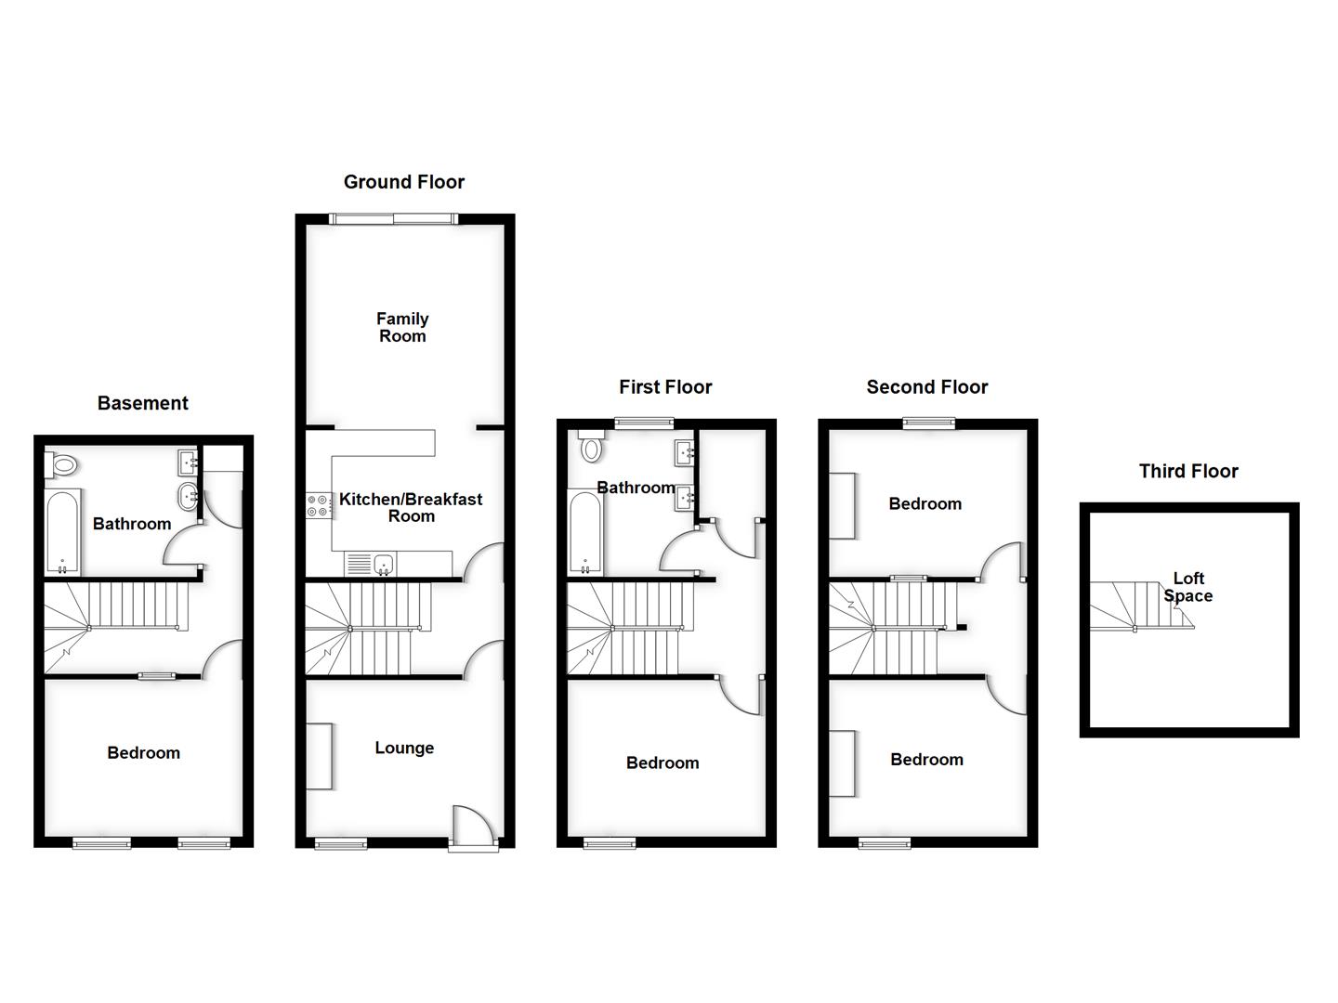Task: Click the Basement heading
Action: [142, 403]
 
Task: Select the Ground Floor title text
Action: [404, 182]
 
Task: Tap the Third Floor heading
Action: [1188, 471]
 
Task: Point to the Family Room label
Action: [402, 328]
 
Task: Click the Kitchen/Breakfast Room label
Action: [411, 507]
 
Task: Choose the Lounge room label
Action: [404, 748]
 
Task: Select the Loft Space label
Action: [1188, 587]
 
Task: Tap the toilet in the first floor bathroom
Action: [591, 449]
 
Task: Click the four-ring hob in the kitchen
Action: [318, 504]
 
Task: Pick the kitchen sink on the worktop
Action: [382, 563]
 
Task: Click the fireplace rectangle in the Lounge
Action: [319, 757]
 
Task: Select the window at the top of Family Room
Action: [393, 219]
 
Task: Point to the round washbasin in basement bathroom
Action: [188, 493]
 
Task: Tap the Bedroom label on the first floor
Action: [662, 762]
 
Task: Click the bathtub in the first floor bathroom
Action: [585, 533]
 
